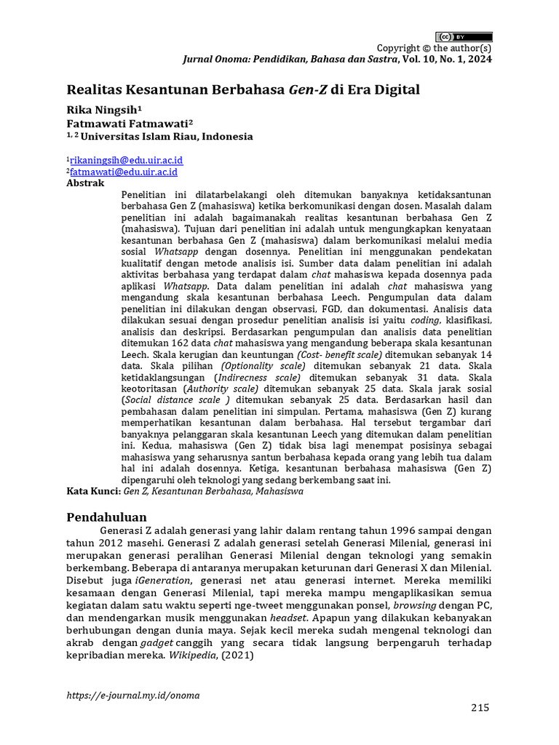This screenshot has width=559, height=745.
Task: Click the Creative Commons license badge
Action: pyautogui.click(x=464, y=36)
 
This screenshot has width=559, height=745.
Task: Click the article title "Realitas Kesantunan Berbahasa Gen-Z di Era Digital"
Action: pyautogui.click(x=243, y=90)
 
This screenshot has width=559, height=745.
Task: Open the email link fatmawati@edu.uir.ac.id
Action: pyautogui.click(x=124, y=172)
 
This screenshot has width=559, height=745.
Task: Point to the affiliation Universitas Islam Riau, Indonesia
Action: pyautogui.click(x=167, y=136)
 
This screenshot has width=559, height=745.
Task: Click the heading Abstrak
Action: pyautogui.click(x=85, y=183)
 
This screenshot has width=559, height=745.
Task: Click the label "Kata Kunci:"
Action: pyautogui.click(x=94, y=491)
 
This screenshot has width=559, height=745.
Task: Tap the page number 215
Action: pyautogui.click(x=480, y=708)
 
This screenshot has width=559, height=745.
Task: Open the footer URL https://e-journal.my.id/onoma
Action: pyautogui.click(x=132, y=695)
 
